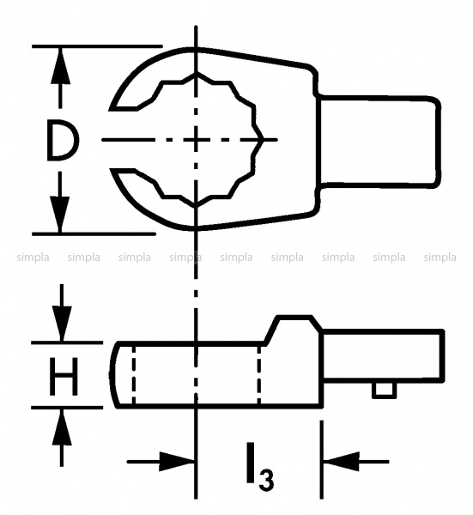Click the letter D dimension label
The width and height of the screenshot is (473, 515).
[63, 140]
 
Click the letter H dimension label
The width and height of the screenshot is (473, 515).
[64, 377]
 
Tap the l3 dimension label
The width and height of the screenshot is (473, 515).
[259, 467]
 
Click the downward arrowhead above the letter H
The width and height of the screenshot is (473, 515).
[62, 324]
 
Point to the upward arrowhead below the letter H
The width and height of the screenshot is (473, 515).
[62, 427]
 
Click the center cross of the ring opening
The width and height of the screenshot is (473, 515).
[196, 140]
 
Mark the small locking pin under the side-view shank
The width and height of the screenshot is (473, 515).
[384, 391]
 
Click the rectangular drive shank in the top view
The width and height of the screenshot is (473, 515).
[379, 142]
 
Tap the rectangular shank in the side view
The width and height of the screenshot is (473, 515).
[383, 356]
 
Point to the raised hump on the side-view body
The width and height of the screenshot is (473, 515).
[294, 329]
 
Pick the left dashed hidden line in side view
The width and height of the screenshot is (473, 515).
[133, 375]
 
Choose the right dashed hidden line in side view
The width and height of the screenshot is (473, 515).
[259, 375]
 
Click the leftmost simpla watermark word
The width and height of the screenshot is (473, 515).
[33, 257]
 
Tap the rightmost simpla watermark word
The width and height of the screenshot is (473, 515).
[440, 257]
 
